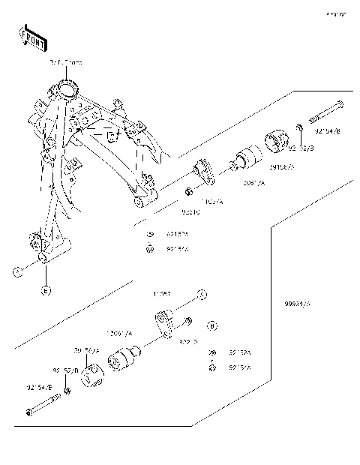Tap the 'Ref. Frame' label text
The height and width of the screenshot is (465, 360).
point(66,64)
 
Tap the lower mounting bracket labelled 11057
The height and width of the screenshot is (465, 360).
point(166,323)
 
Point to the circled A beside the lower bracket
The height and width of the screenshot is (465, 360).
point(201,293)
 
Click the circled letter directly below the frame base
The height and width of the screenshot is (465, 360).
point(45,290)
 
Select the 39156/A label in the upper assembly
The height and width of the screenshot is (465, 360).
point(282,166)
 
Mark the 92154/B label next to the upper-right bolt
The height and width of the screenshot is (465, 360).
point(327,131)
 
